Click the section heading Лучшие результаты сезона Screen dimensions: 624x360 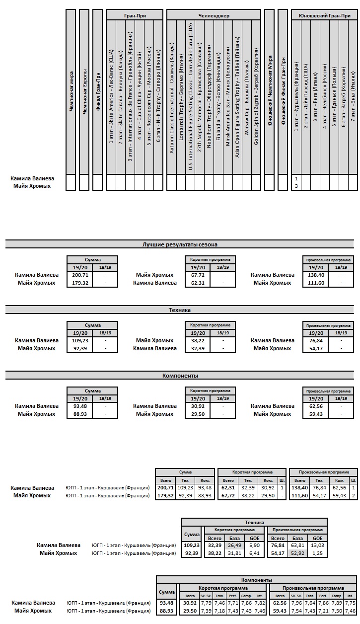point(180,244)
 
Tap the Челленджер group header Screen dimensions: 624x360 point(214,15)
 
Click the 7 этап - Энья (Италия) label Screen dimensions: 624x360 point(353,96)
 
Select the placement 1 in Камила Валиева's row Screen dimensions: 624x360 point(296,178)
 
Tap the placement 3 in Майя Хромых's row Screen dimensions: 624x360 point(296,186)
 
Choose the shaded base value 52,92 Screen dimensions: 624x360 point(297,553)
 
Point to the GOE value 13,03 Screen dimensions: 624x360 point(316,545)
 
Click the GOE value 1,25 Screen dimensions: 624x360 point(316,553)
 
